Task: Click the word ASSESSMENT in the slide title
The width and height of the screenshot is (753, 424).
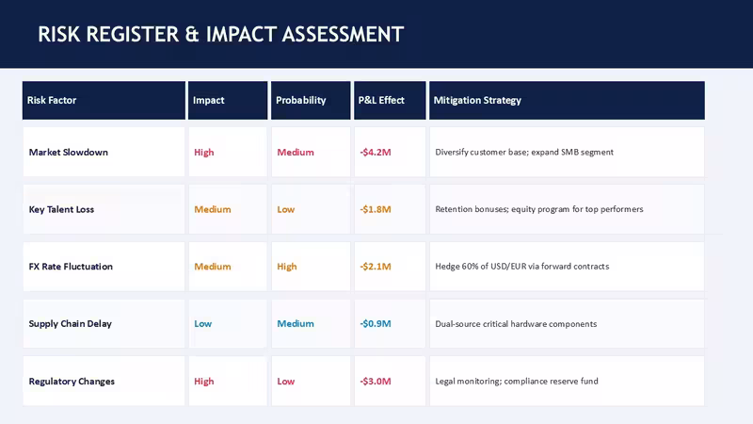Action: click(343, 34)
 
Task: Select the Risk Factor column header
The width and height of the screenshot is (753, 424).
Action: click(52, 100)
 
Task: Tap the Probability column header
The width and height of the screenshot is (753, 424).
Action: click(300, 100)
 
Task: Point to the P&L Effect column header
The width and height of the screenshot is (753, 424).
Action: click(381, 100)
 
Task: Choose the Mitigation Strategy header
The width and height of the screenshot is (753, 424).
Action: click(477, 100)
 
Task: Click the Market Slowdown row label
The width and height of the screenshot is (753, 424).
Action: click(68, 152)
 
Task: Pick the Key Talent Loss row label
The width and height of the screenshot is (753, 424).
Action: click(61, 209)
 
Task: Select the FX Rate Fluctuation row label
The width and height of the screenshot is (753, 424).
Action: click(71, 267)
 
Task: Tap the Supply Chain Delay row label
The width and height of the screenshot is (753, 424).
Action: click(70, 323)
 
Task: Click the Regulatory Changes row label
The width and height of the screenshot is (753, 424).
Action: click(72, 382)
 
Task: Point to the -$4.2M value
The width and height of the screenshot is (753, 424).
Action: click(376, 153)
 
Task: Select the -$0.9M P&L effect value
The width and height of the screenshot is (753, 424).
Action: click(376, 323)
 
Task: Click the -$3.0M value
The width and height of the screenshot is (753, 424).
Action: click(376, 382)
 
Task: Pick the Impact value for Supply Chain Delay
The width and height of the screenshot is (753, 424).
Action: click(202, 323)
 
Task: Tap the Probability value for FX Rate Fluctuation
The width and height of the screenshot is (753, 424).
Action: click(287, 267)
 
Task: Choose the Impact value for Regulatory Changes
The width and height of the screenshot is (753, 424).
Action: click(203, 382)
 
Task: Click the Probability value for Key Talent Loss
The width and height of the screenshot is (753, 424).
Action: click(286, 209)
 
